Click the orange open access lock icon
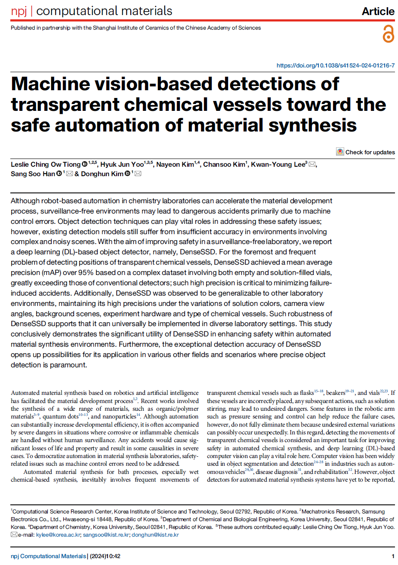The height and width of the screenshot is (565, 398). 388,34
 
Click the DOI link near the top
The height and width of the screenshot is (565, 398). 335,66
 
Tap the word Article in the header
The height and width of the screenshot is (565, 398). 378,12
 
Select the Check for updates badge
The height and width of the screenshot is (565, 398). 365,152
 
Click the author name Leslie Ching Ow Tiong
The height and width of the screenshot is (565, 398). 46,165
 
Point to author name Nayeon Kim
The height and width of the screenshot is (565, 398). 175,165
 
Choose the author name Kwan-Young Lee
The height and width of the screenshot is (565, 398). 278,165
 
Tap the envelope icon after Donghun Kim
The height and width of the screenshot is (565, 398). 138,174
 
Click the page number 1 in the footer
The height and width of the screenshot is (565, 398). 393,556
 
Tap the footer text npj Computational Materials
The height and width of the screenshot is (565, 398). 48,556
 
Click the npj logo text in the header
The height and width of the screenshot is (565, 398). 19,11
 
